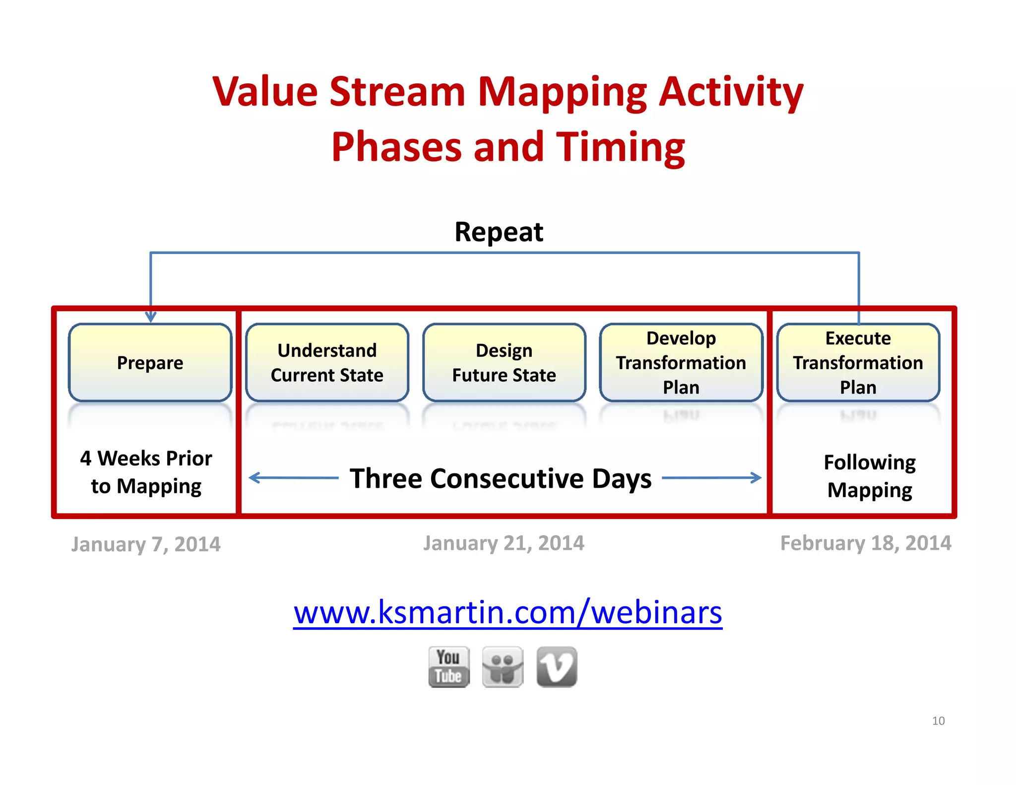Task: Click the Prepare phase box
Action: click(x=150, y=363)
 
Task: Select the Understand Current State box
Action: click(x=327, y=363)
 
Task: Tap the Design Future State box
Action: click(x=504, y=363)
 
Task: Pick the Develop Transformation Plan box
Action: click(x=681, y=363)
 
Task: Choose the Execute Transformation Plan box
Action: click(x=858, y=363)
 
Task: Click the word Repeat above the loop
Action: click(x=499, y=232)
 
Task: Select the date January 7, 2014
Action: click(x=146, y=544)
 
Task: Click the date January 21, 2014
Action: click(x=504, y=543)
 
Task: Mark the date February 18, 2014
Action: click(x=866, y=543)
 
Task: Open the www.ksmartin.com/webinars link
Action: click(x=508, y=613)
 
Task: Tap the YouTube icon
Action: click(x=448, y=667)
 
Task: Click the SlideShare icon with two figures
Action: click(x=503, y=667)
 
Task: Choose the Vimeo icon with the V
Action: click(x=557, y=667)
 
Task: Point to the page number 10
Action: click(x=938, y=721)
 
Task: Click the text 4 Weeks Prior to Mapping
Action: click(x=146, y=472)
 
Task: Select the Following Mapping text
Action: click(x=870, y=476)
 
